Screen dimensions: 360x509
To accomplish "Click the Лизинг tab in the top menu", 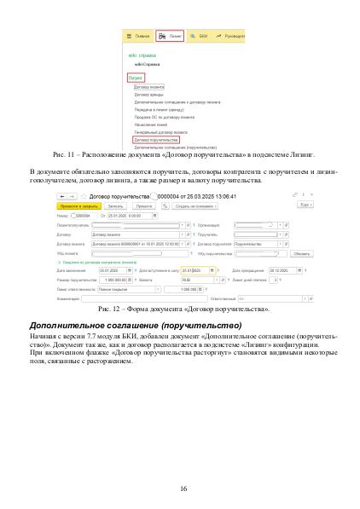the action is (171, 37).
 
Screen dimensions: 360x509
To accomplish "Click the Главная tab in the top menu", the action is (139, 37).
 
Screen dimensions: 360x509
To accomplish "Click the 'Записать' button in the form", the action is (115, 205).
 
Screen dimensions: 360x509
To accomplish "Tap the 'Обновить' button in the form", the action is (299, 253).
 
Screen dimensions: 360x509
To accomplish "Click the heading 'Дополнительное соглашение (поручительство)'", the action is (136, 326).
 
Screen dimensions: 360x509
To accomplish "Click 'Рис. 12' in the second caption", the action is (111, 307).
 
